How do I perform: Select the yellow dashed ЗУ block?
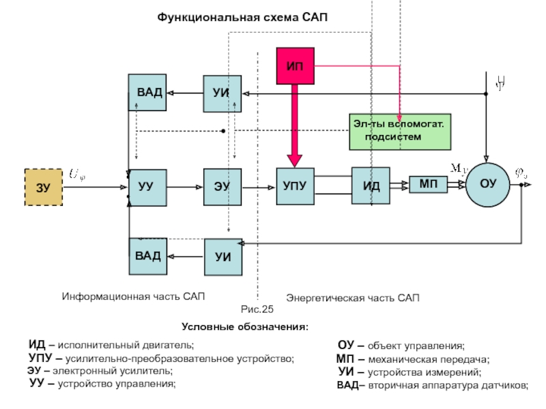coord(44,186)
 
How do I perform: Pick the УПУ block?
coord(295,185)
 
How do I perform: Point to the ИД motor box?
coord(371,185)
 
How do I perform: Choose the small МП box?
coord(428,184)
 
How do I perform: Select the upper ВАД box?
coord(147,92)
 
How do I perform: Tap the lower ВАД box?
coord(147,256)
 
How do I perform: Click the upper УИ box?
coord(222,93)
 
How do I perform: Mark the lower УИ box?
coord(223,256)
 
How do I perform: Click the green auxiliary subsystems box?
coord(400,132)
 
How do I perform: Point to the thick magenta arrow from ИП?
coord(295,126)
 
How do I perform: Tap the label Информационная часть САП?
coord(134,297)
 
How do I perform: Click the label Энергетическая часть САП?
coord(353,299)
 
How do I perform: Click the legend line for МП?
coord(413,359)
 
